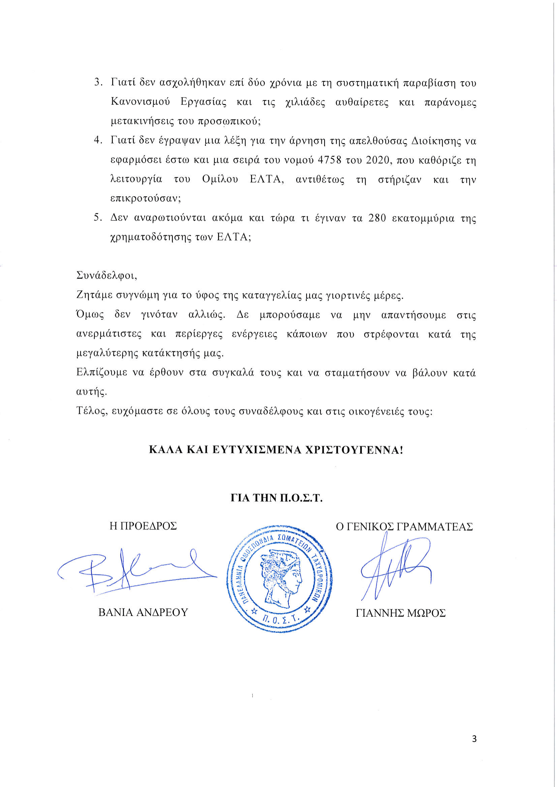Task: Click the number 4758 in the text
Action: tap(329, 160)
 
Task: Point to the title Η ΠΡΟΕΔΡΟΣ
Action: tap(143, 526)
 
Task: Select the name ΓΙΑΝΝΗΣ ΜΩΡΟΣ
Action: tap(401, 613)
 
